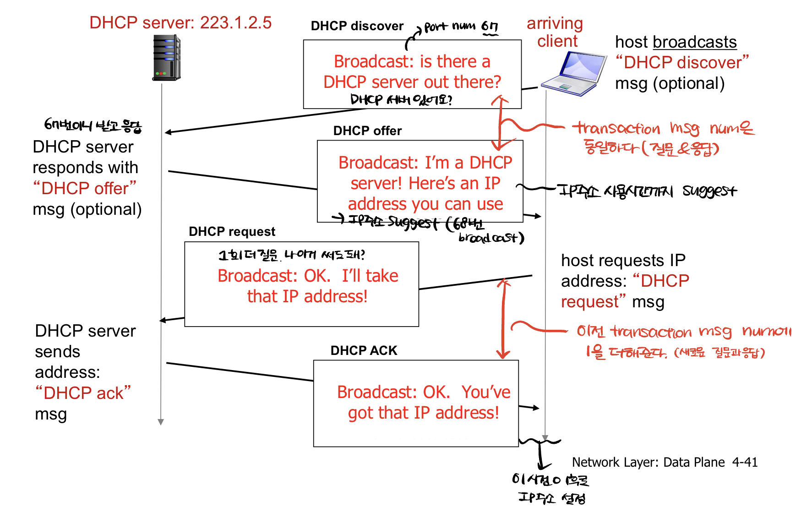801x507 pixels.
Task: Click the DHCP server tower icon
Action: [166, 58]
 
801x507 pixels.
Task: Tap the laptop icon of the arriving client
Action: [573, 74]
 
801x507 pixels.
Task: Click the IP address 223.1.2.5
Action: [236, 22]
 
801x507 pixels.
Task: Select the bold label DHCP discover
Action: [357, 26]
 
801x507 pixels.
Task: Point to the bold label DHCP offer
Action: [367, 131]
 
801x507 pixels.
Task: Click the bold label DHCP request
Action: [232, 232]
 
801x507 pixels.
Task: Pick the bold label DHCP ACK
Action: [364, 351]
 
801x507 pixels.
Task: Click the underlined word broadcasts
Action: [695, 42]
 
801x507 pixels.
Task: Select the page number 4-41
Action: [745, 462]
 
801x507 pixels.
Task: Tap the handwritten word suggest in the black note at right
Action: [709, 191]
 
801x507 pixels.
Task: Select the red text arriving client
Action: [555, 32]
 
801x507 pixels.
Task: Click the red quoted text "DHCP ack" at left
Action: [83, 393]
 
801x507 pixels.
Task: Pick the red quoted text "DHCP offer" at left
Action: [85, 188]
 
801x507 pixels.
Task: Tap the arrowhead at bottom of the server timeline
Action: [161, 422]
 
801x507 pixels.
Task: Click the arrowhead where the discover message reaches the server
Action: [168, 132]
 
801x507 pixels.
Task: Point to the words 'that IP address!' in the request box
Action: [307, 296]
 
